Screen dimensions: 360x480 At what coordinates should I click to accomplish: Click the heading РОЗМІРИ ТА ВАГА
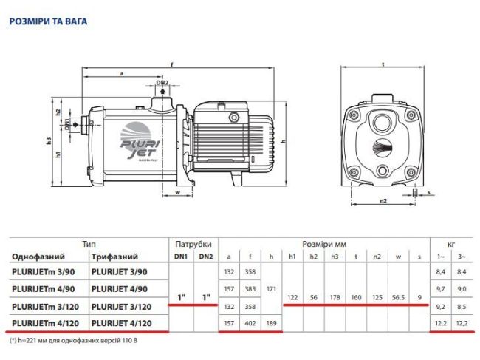click(48, 21)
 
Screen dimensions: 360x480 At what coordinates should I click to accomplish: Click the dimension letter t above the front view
click(383, 64)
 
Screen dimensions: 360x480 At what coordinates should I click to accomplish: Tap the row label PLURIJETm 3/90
click(44, 272)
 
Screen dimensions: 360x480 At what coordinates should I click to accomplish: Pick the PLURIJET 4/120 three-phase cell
click(123, 322)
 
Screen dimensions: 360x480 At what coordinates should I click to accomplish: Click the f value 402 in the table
click(252, 322)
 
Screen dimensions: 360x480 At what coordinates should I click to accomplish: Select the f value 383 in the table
click(252, 288)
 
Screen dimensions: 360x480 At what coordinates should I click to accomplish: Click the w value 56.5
click(400, 297)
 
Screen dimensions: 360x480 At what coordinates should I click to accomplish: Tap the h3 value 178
click(335, 297)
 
